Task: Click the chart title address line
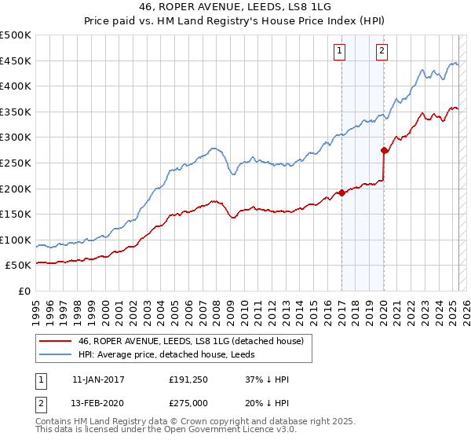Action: coord(235,8)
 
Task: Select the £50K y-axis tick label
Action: coord(19,266)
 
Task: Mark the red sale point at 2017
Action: coord(341,192)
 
